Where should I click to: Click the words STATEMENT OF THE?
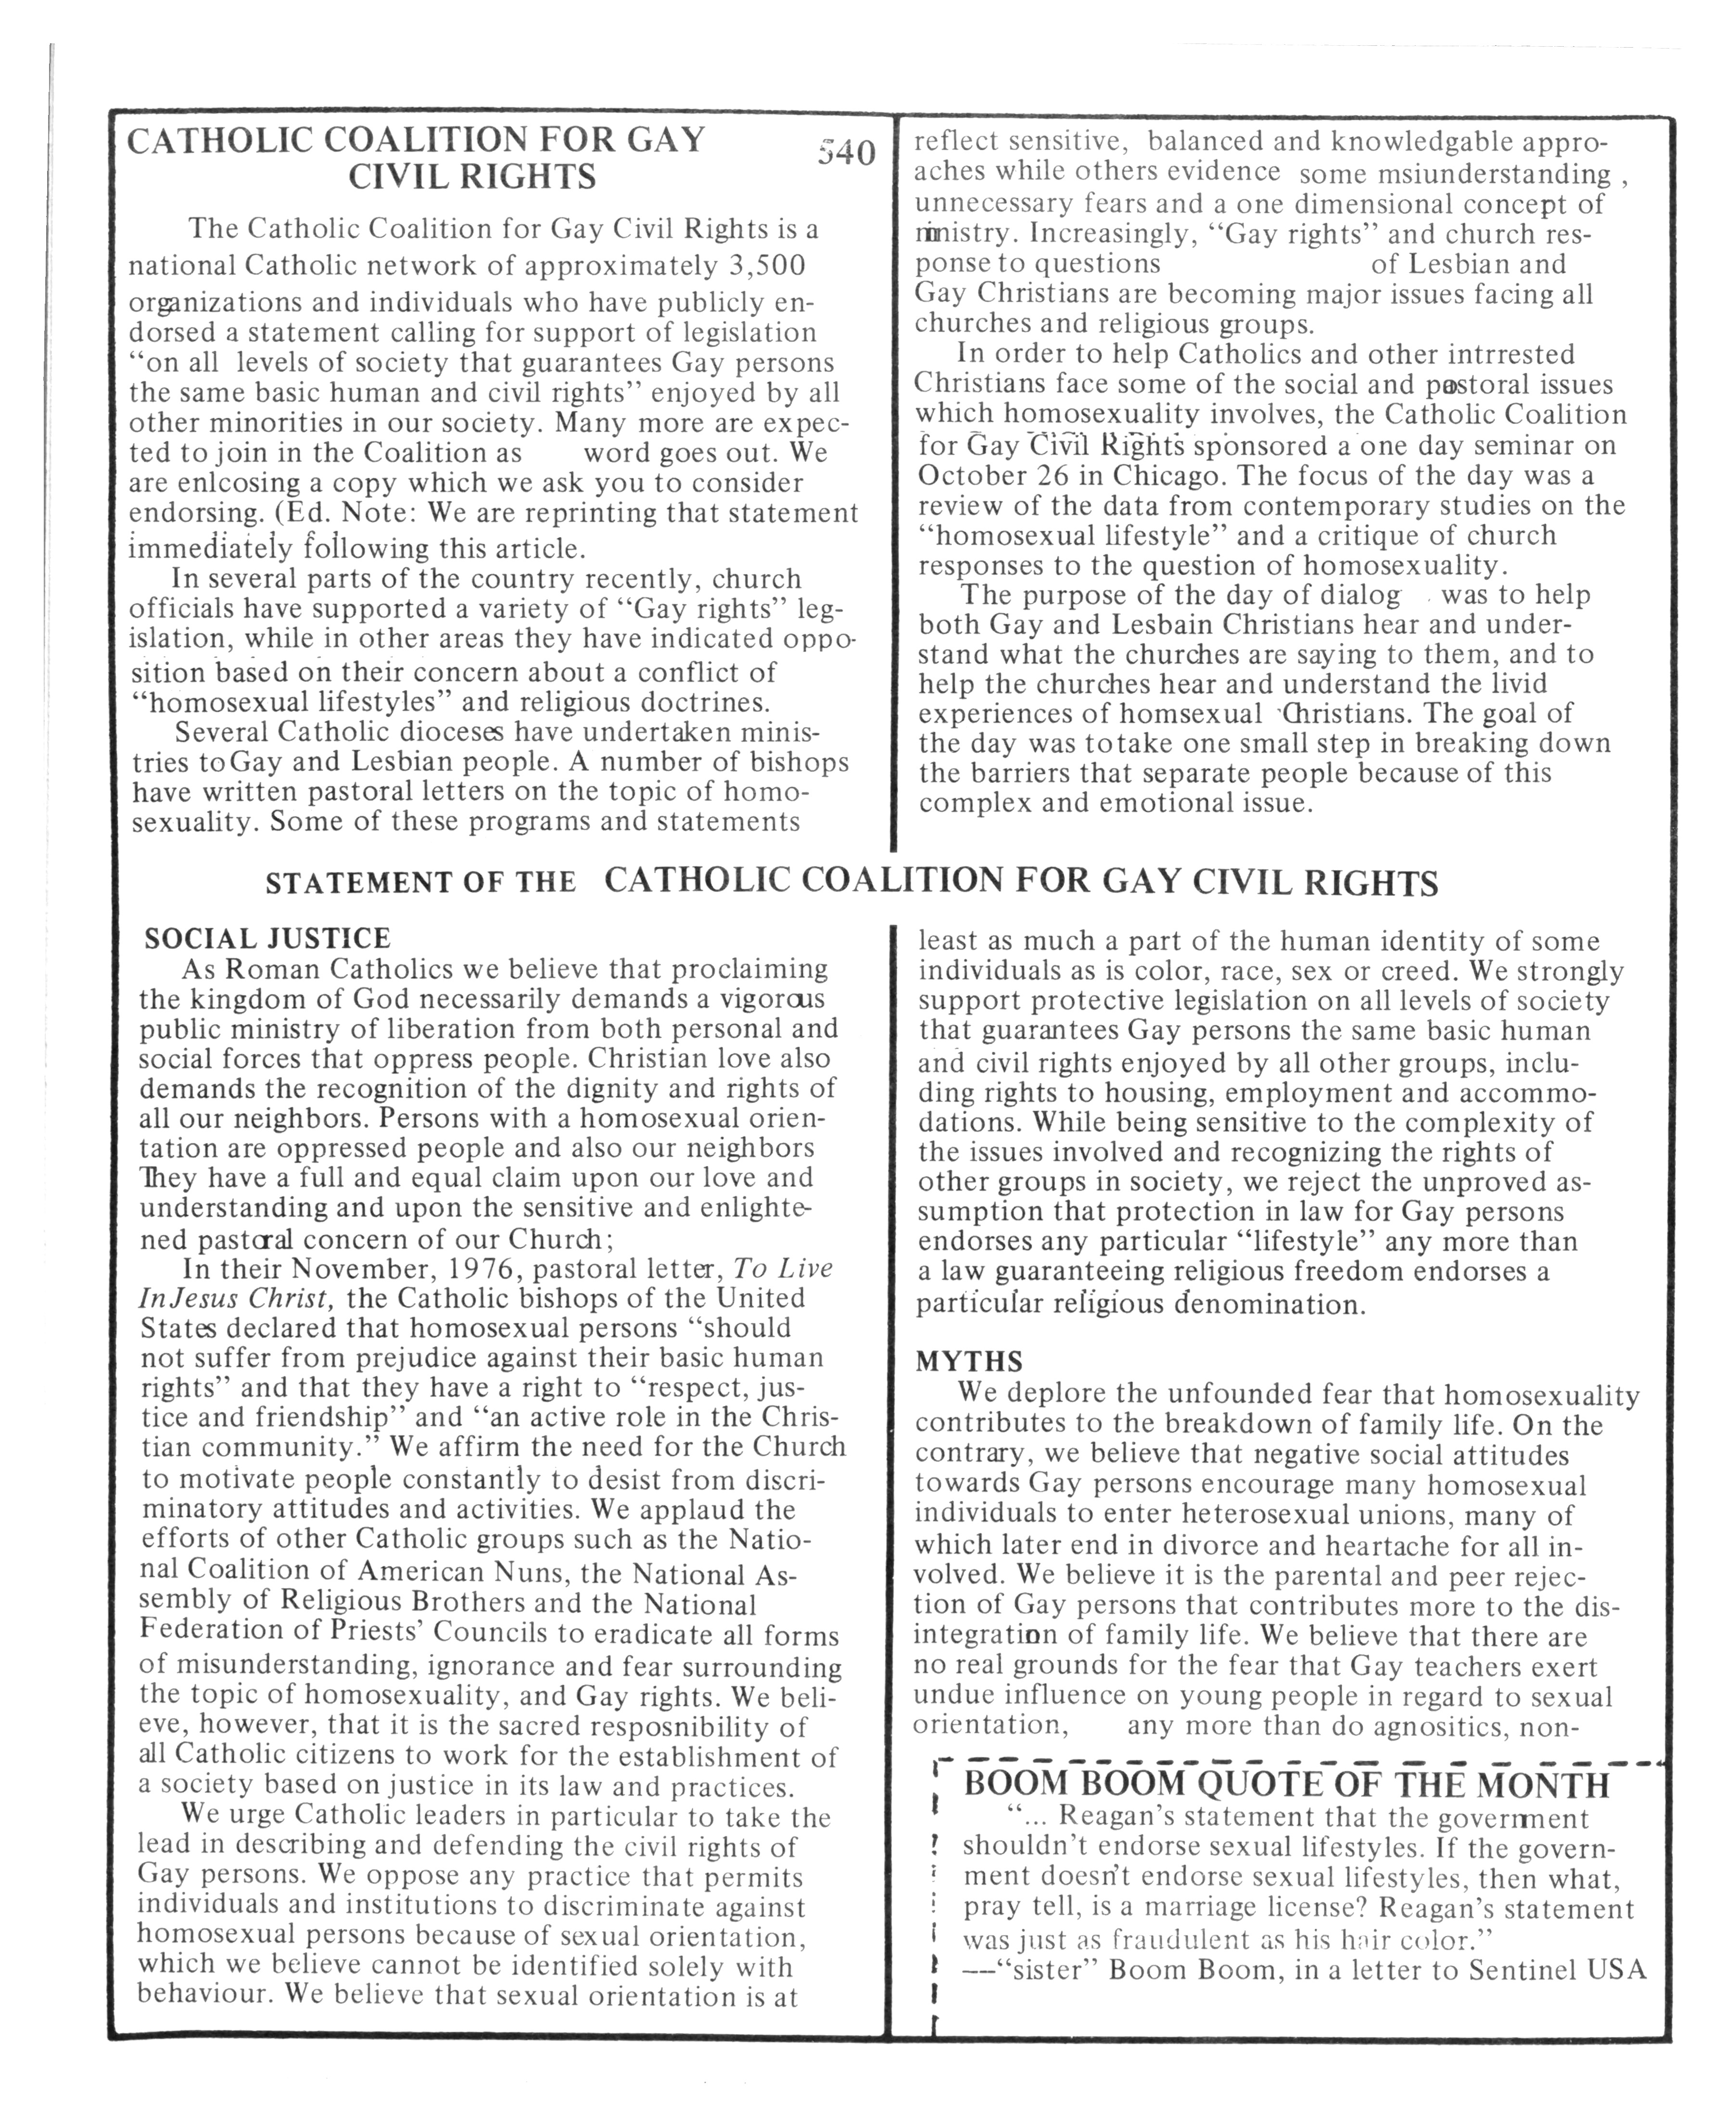420,883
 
